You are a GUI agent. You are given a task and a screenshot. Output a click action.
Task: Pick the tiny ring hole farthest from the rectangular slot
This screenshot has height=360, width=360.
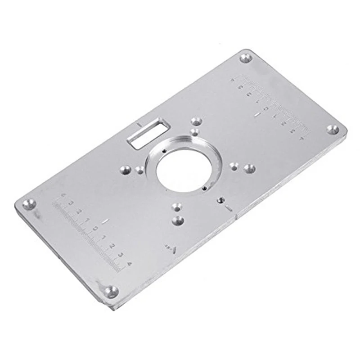click(205, 189)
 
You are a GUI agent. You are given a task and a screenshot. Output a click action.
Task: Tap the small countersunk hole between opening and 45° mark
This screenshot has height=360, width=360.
click(176, 207)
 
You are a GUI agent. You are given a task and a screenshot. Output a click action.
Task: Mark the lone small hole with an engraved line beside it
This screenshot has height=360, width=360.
click(220, 199)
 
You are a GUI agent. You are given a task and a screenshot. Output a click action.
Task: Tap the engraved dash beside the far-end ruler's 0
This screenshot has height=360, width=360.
click(256, 116)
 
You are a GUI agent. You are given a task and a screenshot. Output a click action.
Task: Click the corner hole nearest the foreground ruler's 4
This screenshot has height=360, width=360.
click(110, 291)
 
